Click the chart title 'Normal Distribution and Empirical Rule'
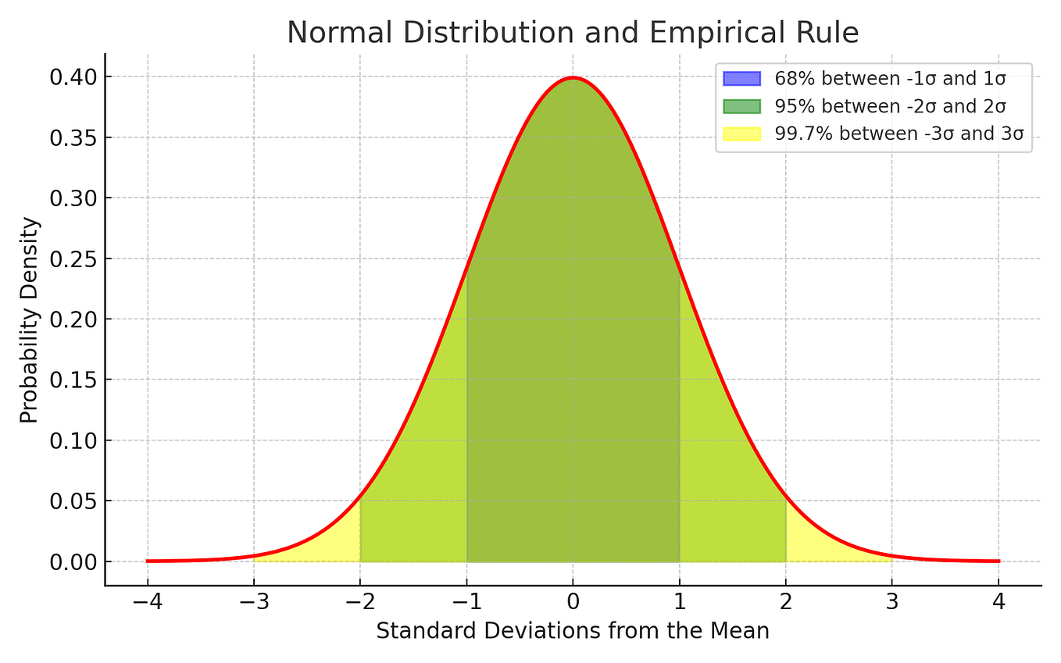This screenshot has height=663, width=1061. tap(573, 33)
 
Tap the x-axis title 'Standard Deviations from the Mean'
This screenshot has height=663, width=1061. tap(573, 631)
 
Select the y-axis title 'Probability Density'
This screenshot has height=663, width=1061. tap(29, 320)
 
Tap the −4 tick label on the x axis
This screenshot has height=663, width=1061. tap(147, 603)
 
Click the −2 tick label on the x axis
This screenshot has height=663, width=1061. tap(360, 603)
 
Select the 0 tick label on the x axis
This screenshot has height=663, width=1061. tap(573, 603)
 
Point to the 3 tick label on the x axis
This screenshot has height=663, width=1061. tap(892, 603)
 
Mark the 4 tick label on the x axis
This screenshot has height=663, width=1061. tap(998, 603)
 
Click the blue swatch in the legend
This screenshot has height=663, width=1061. tap(741, 78)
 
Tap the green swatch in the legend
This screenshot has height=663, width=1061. tap(741, 105)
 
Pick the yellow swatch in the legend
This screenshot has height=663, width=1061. tap(741, 134)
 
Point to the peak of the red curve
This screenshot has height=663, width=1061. tap(573, 77)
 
